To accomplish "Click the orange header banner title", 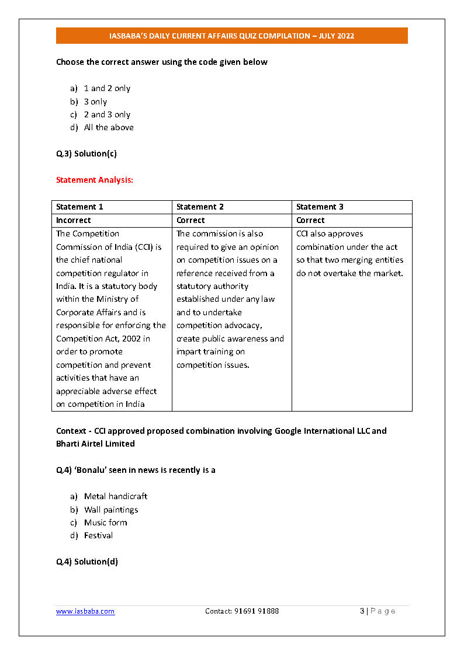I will (x=232, y=36).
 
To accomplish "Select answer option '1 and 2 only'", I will (x=107, y=88).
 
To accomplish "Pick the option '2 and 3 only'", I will (x=107, y=114).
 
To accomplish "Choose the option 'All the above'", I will (x=109, y=127).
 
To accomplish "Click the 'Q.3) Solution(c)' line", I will (x=86, y=154).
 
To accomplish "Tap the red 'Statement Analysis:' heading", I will (x=95, y=180).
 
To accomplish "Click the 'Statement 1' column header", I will (x=79, y=207).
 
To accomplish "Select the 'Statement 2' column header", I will (x=200, y=207).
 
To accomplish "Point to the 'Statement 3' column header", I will (x=320, y=207).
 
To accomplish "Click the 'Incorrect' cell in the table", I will (x=74, y=220).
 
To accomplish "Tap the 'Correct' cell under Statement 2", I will (x=191, y=220).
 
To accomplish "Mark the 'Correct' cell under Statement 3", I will (x=310, y=220).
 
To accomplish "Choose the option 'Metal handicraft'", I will (x=116, y=496).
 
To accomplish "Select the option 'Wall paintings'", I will (x=111, y=510).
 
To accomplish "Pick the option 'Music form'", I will (x=105, y=522).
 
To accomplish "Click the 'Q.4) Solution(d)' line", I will (x=87, y=562).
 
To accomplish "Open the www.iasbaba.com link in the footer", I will (x=85, y=611).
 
